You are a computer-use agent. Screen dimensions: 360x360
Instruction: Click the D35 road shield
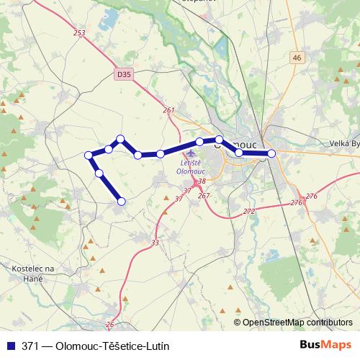pos(123,73)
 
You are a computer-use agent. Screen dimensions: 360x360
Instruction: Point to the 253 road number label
pos(79,33)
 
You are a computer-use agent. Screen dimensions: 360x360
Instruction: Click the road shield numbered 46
pos(297,57)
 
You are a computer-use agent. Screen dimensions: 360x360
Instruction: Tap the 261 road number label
pos(169,109)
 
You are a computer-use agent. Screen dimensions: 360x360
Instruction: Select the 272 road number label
pos(249,211)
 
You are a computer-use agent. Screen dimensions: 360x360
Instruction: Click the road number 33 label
pos(156,243)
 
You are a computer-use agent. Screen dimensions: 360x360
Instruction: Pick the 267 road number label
pos(203,195)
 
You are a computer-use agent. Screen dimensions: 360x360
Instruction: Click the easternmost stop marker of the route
pos(271,153)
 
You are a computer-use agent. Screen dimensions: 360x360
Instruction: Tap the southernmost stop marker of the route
pos(121,202)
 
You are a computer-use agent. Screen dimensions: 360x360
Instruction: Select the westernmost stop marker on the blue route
pos(89,155)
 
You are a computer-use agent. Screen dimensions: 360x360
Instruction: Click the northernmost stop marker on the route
pos(121,138)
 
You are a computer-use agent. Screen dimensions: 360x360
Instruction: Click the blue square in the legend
pos(9,346)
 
